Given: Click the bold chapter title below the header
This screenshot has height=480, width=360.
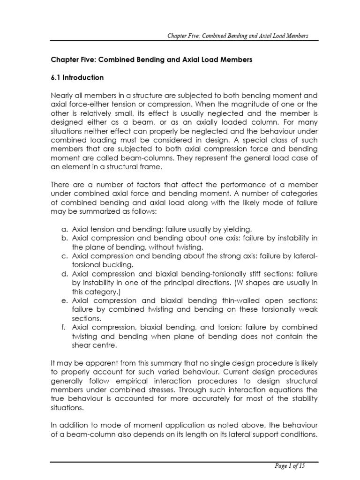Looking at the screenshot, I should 152,60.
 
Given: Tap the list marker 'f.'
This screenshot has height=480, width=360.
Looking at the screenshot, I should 65,327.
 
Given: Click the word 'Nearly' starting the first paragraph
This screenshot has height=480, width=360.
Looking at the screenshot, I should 61,95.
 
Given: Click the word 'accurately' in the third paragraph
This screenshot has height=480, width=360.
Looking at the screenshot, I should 217,398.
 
